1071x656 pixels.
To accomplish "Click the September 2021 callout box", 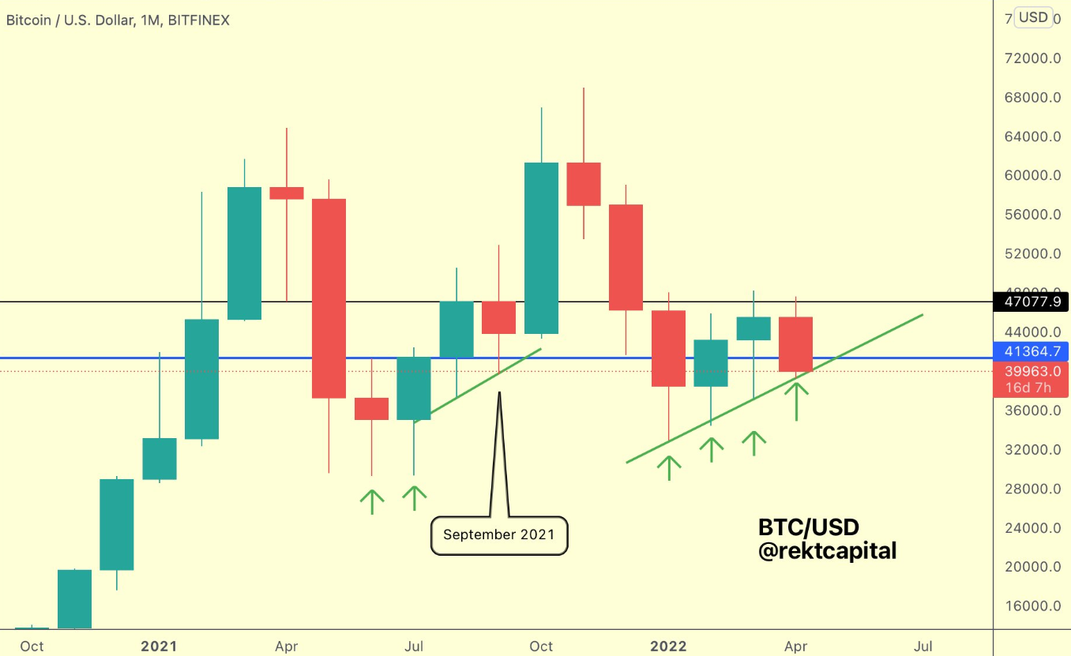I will [x=499, y=535].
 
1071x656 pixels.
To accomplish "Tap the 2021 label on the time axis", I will [x=159, y=647].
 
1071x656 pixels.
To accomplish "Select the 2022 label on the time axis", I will [x=668, y=647].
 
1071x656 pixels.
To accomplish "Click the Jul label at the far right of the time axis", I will [x=923, y=647].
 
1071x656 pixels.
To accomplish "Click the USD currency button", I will [x=1033, y=17].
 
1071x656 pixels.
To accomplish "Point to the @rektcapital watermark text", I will [x=827, y=551].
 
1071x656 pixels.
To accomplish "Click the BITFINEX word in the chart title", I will [x=197, y=21].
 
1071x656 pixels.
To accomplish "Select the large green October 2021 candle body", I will [x=541, y=248].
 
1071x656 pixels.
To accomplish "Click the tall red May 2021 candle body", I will [x=329, y=298].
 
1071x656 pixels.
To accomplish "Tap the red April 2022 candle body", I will [x=795, y=344].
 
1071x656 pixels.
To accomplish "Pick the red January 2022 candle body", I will [x=668, y=348].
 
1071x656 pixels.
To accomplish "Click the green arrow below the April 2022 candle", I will [x=796, y=400].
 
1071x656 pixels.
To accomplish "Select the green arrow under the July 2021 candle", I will [x=414, y=498].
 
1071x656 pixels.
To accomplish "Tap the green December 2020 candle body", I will [x=117, y=524].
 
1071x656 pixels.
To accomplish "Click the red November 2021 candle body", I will [x=584, y=184].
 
